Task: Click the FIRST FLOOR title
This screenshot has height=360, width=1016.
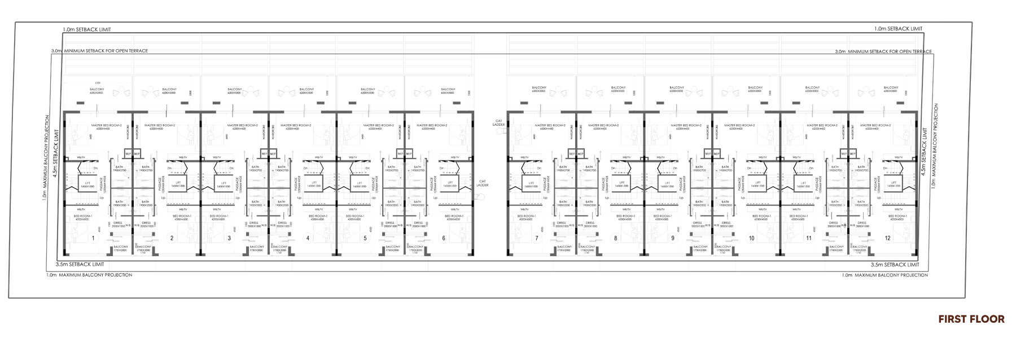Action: pos(971,319)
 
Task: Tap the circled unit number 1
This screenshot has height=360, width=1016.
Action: pos(93,238)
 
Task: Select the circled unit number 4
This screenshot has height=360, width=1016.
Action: pos(308,238)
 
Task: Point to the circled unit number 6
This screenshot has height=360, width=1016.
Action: pos(444,238)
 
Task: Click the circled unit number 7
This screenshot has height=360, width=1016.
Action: pos(536,238)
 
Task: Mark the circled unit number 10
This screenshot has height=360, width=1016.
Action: pos(751,238)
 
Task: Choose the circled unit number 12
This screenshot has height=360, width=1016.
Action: pos(887,238)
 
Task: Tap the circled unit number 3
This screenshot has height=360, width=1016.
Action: pos(229,238)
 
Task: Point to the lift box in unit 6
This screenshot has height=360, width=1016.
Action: pos(449,184)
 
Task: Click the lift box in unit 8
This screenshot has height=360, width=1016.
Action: pos(622,184)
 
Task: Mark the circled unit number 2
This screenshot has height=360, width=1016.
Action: pos(172,238)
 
